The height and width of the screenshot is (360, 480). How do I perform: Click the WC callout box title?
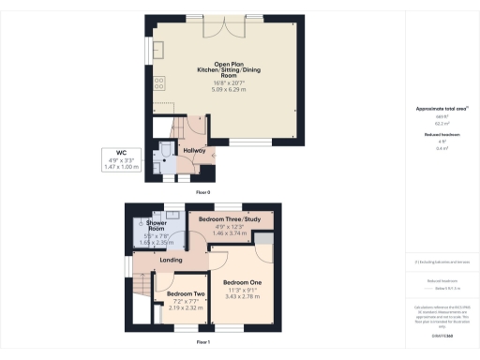coord(120,152)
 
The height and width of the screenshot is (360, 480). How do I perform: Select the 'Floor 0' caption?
coord(202,191)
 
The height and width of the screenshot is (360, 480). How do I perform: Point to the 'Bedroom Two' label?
coord(185,293)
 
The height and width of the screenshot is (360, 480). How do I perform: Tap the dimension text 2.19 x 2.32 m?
coord(185,307)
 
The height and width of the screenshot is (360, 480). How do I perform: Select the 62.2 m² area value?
coord(439,124)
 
